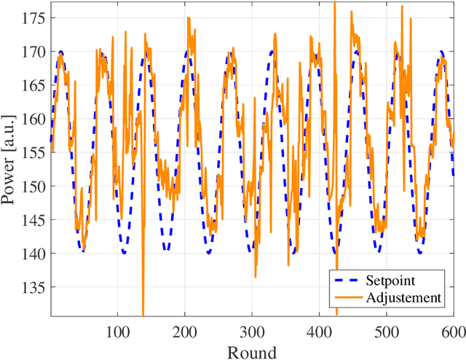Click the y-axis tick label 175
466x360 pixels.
tap(34, 18)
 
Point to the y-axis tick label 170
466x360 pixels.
tap(34, 52)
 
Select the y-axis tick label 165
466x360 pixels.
tap(34, 85)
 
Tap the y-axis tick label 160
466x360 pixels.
tap(34, 119)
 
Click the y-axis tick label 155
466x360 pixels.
tap(34, 152)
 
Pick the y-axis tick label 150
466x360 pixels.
tap(34, 187)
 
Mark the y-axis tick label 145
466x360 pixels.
tap(34, 220)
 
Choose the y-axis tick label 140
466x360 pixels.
tap(34, 254)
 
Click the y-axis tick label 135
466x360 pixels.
tap(34, 287)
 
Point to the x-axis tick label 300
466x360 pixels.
tap(252, 332)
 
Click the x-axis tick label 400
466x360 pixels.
tap(319, 332)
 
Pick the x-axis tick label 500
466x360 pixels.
tap(386, 332)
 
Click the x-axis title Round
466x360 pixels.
tap(252, 352)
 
